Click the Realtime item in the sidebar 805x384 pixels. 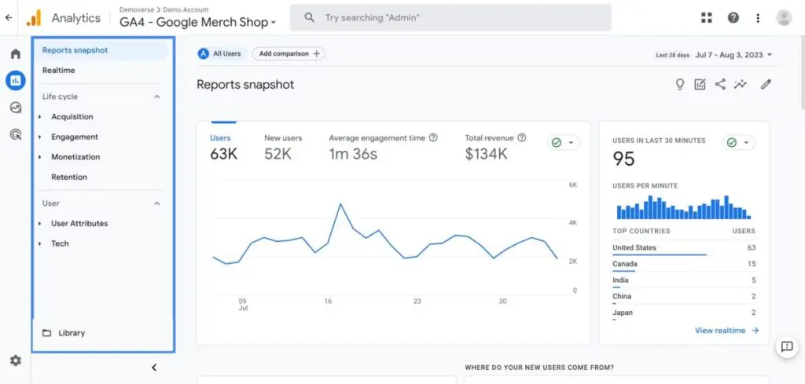[x=59, y=71]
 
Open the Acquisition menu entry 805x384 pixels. [x=72, y=117]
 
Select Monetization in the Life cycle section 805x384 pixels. [x=75, y=157]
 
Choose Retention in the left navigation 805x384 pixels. [x=69, y=177]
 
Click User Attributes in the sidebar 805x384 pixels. [x=79, y=224]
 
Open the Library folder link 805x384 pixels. [x=71, y=333]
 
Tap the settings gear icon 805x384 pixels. [x=15, y=360]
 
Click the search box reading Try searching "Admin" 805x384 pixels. [x=450, y=17]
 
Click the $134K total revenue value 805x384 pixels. [x=486, y=154]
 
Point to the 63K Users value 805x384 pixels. [x=223, y=154]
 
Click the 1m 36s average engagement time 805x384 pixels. [x=353, y=154]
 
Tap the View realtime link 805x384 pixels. [x=726, y=331]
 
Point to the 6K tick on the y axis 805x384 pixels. [x=573, y=185]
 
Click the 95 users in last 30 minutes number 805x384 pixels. [x=623, y=159]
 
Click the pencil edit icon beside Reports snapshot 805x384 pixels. [x=766, y=85]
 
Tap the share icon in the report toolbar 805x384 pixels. [x=720, y=85]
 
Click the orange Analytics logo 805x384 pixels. [x=34, y=17]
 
